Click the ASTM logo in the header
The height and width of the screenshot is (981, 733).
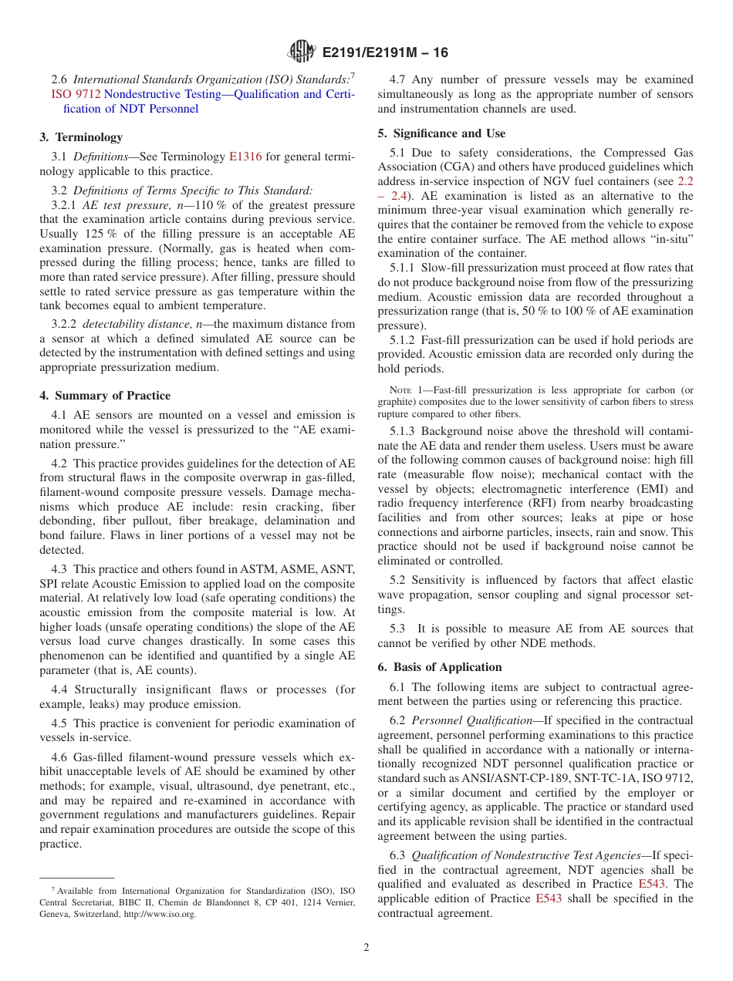(302, 52)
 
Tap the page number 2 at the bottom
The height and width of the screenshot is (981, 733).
(366, 948)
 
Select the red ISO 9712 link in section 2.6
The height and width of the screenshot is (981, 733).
(70, 94)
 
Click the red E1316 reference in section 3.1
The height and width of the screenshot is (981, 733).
(245, 157)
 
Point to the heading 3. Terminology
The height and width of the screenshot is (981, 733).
(81, 137)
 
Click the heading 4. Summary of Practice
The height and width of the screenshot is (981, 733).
(105, 396)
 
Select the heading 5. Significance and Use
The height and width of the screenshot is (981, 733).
(441, 133)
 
